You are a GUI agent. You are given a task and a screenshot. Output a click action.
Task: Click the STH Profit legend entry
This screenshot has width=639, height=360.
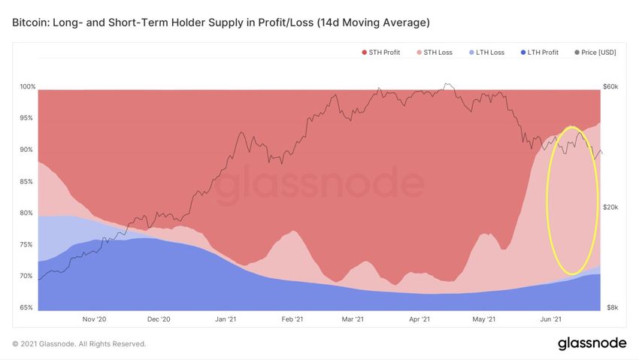click(383, 52)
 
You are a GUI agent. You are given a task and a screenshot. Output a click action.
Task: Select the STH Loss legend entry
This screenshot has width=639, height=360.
click(435, 52)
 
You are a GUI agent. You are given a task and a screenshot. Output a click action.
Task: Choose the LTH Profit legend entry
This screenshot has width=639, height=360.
click(541, 52)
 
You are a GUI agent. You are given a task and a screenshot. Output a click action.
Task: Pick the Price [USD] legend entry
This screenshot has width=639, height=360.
click(597, 52)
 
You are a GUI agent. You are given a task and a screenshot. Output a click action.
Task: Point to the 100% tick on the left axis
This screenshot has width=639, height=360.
click(27, 86)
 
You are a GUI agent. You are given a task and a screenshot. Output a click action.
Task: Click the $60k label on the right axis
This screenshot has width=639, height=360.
click(610, 86)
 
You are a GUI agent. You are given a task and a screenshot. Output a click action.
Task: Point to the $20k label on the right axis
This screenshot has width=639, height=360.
click(610, 207)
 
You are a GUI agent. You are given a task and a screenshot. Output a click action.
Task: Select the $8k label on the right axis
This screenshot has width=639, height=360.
click(612, 307)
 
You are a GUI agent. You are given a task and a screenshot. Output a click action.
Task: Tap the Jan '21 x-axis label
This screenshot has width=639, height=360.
click(226, 319)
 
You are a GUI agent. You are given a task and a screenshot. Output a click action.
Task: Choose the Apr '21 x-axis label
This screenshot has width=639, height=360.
click(419, 319)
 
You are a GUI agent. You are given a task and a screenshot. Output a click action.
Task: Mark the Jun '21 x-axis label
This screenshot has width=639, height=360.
click(551, 319)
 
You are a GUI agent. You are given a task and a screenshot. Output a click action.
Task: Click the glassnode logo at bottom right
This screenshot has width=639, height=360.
click(592, 343)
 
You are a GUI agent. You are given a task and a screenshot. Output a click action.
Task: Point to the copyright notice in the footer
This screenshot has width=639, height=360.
click(79, 343)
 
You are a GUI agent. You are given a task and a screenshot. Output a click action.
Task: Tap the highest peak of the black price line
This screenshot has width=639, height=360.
click(447, 83)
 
